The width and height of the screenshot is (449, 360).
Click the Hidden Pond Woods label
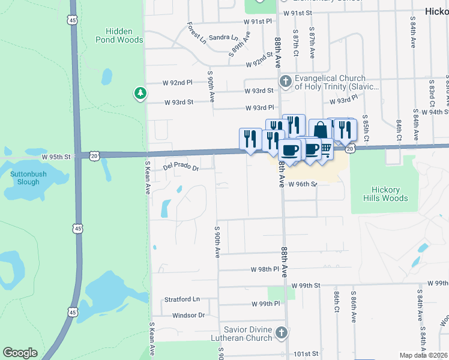119,35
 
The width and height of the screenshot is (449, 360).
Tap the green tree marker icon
140,93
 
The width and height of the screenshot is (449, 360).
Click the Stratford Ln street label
181,299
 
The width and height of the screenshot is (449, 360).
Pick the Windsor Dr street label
188,315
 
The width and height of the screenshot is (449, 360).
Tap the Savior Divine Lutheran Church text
248,334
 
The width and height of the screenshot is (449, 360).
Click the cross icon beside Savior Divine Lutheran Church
282,333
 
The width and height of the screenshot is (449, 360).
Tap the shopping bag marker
321,130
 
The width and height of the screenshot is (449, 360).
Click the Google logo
20,353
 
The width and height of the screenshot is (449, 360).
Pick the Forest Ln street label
196,34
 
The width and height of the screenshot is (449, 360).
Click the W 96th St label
301,184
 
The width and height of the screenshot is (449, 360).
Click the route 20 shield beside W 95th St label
95,155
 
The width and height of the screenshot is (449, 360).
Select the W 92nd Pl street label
177,82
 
